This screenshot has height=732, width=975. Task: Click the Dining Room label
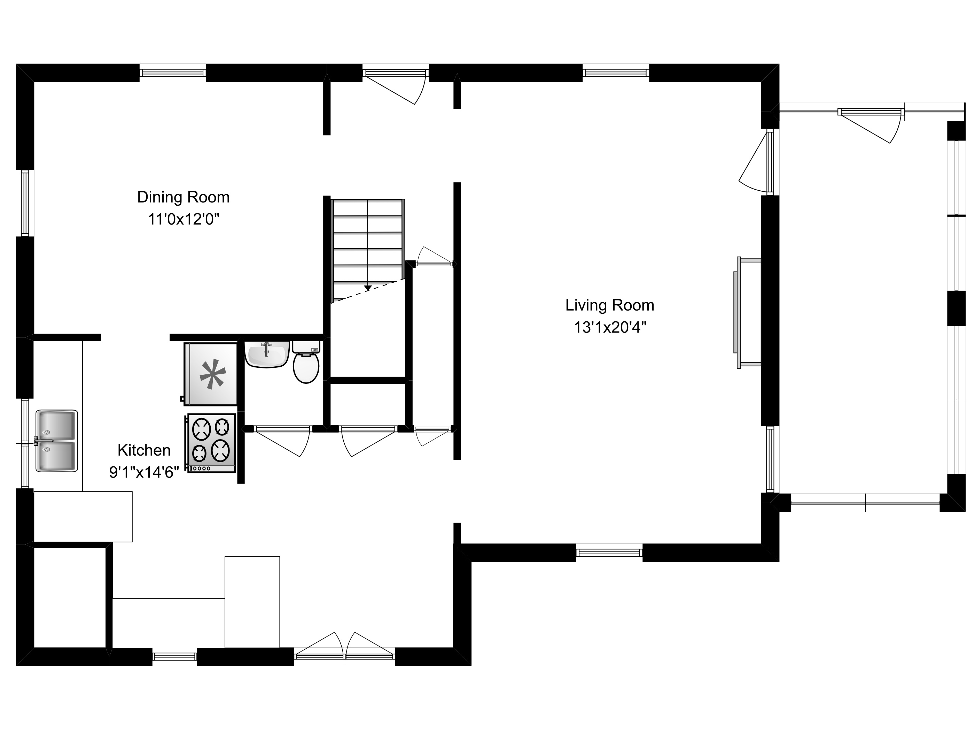[184, 197]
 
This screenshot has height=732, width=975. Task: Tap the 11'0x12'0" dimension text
[184, 219]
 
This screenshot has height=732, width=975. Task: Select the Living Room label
[610, 305]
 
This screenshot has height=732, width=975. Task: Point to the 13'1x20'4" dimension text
[610, 327]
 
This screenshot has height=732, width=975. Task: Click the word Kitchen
[144, 450]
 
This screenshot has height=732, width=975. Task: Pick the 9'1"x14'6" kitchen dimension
[144, 473]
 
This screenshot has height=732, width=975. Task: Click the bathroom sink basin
[267, 354]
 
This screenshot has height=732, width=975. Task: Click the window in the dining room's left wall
[25, 203]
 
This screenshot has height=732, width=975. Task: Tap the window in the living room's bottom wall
[609, 552]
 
